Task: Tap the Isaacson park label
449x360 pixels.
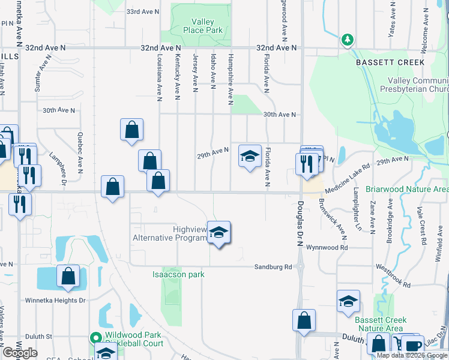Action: point(178,275)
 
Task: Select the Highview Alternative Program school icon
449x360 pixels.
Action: point(220,234)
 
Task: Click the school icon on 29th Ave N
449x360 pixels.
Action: point(250,157)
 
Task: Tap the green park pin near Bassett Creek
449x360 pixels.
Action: point(347,40)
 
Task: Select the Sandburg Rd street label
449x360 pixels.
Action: point(273,266)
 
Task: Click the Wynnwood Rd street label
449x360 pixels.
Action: point(327,247)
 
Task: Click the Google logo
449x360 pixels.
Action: point(19,353)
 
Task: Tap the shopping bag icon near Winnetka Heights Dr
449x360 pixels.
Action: point(68,277)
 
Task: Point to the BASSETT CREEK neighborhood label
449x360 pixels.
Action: point(390,62)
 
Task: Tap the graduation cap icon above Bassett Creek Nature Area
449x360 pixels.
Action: point(348,302)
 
